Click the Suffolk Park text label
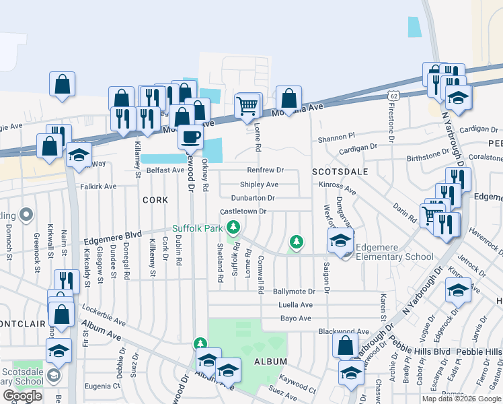point(197,228)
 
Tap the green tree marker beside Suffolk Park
point(233,228)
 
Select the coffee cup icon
point(190,136)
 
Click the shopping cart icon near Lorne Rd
point(247,105)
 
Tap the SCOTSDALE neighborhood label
point(340,172)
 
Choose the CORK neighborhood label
point(155,200)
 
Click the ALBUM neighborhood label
point(271,362)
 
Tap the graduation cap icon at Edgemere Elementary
point(341,240)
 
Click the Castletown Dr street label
point(244,211)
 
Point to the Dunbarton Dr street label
point(252,198)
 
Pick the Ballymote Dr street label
point(294,292)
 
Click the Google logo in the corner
point(22,396)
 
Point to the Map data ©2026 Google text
point(461,399)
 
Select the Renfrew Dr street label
point(266,170)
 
